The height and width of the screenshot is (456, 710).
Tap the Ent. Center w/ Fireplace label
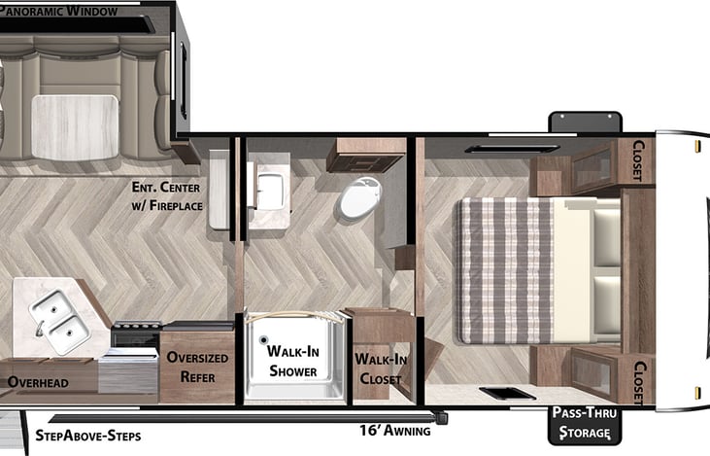[170, 196]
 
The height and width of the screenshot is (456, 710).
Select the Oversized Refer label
[197, 366]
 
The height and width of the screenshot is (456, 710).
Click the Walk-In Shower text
[292, 361]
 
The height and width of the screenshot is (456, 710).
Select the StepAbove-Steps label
[87, 436]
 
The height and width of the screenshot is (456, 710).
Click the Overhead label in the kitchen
[39, 383]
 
